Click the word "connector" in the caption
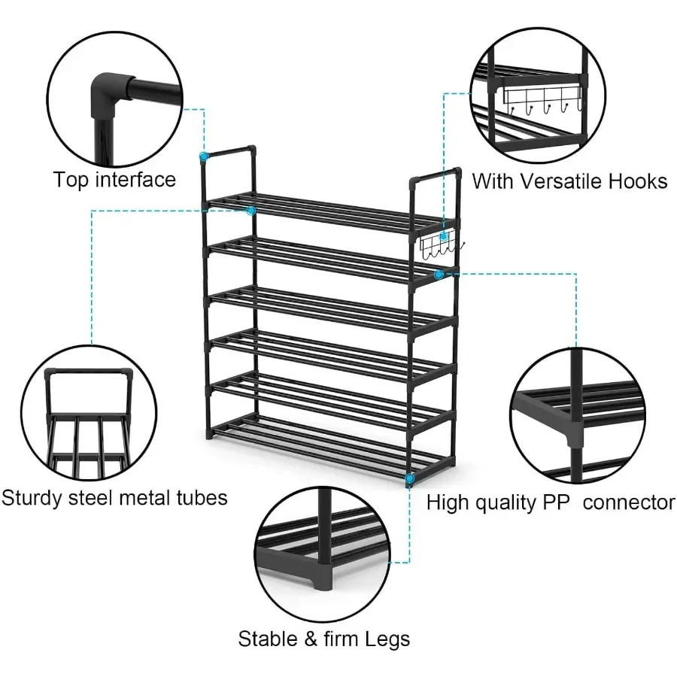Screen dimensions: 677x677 pos(629,502)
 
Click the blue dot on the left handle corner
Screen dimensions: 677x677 pos(203,156)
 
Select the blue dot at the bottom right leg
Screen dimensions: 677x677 pos(409,478)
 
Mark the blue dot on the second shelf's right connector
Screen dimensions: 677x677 pos(439,274)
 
